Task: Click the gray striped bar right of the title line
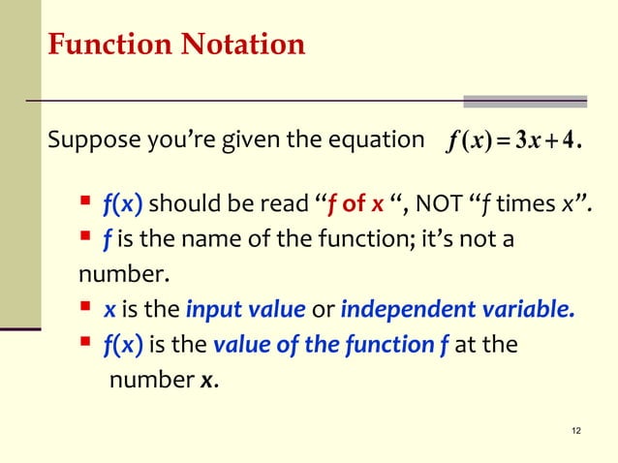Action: point(525,101)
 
